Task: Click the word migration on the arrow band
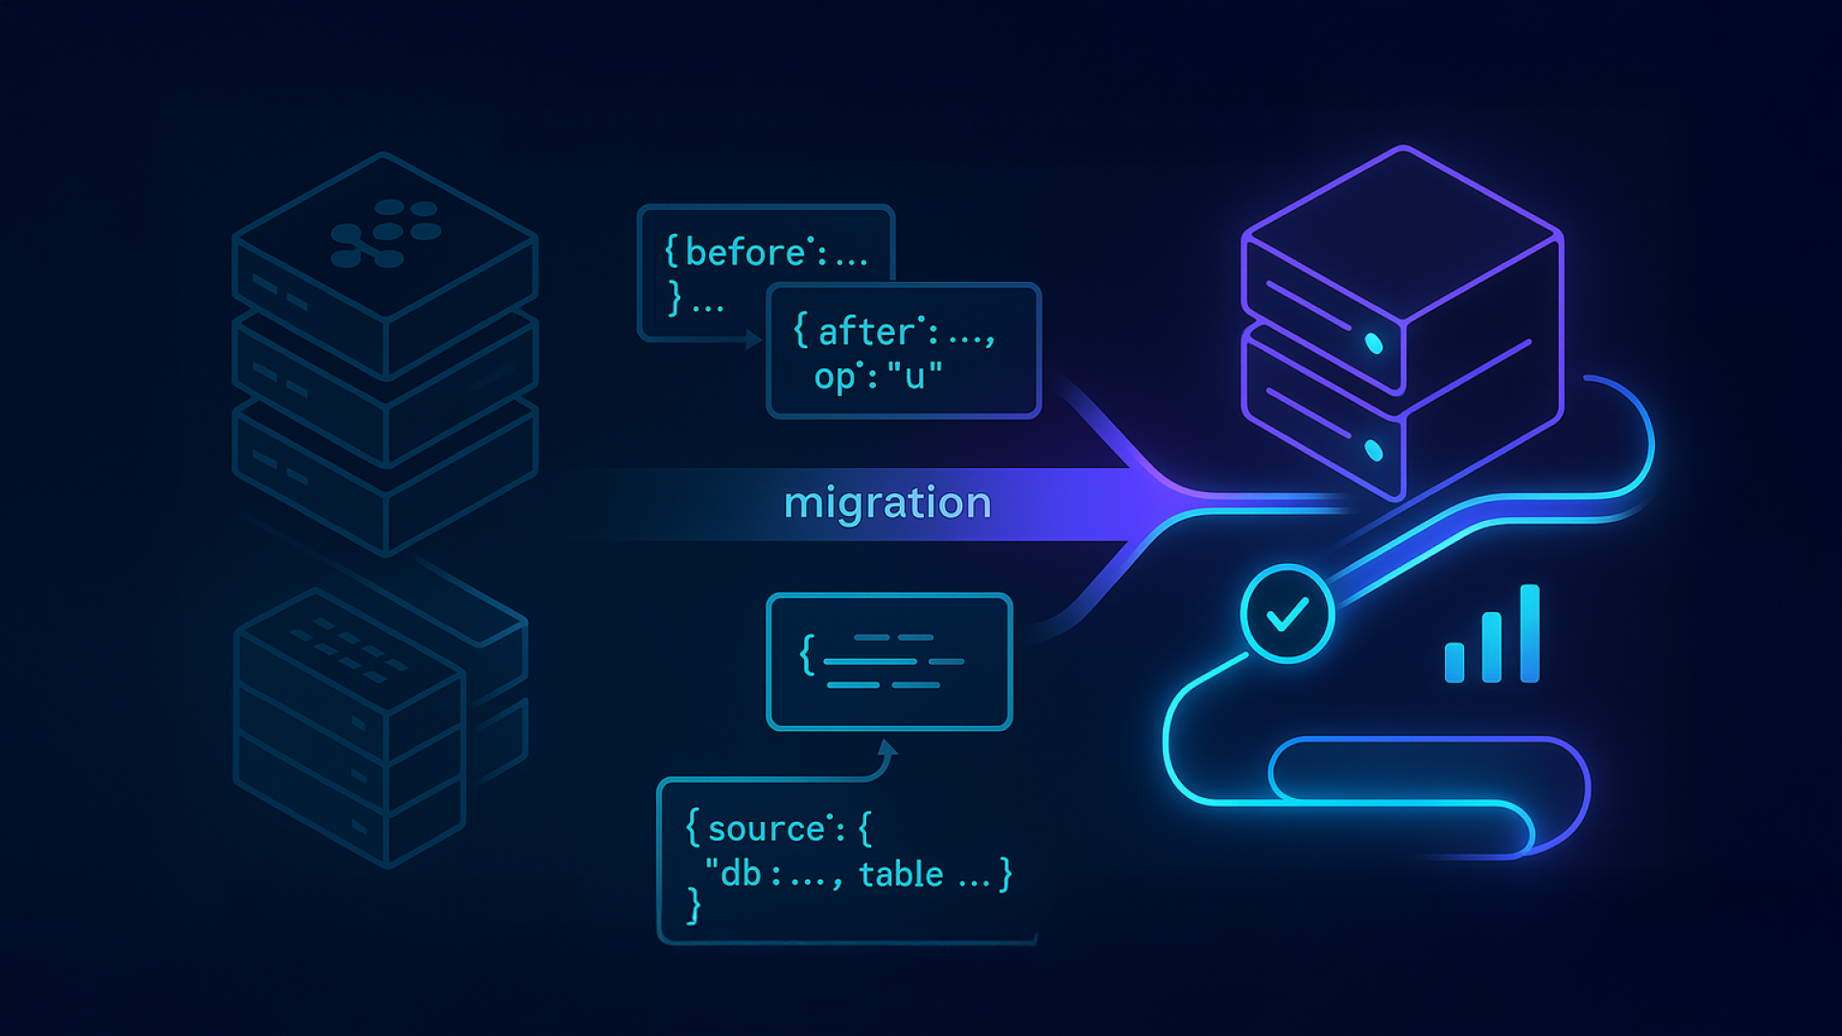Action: [887, 504]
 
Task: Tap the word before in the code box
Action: [745, 253]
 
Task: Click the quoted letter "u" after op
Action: [915, 375]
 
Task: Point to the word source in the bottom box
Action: [767, 829]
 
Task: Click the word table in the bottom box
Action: [901, 875]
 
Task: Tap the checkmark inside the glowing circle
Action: [1287, 614]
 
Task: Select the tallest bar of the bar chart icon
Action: [1530, 633]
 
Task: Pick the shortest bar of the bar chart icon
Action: [1454, 662]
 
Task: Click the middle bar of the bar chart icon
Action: [1492, 647]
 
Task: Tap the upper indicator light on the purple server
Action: [1374, 343]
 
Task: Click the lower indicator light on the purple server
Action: [1374, 450]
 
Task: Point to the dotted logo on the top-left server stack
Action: [385, 232]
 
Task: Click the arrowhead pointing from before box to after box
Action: [754, 340]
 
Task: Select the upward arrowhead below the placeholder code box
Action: [887, 748]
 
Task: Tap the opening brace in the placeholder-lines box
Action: [807, 656]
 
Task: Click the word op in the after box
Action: [834, 377]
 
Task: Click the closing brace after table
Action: [1005, 875]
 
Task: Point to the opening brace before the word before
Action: [672, 253]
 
